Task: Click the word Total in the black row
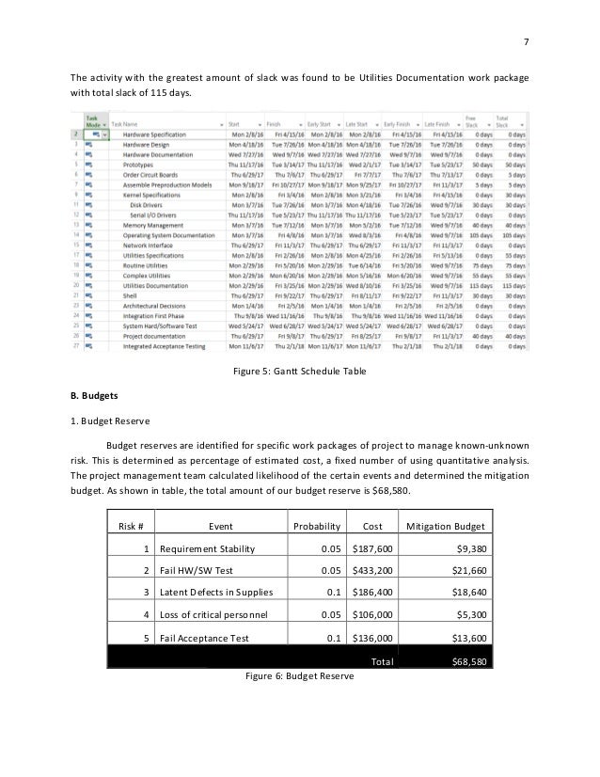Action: [x=382, y=661]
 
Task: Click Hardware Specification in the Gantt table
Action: [x=155, y=135]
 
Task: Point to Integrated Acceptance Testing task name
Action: [x=164, y=346]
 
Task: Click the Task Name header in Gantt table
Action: [x=130, y=123]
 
